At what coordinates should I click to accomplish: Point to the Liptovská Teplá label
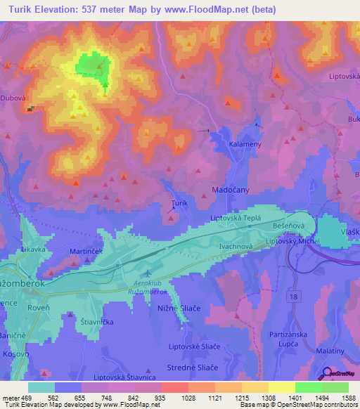(x=237, y=219)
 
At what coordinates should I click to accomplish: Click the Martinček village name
(x=87, y=251)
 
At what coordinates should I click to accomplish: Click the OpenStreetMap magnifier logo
(x=326, y=375)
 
